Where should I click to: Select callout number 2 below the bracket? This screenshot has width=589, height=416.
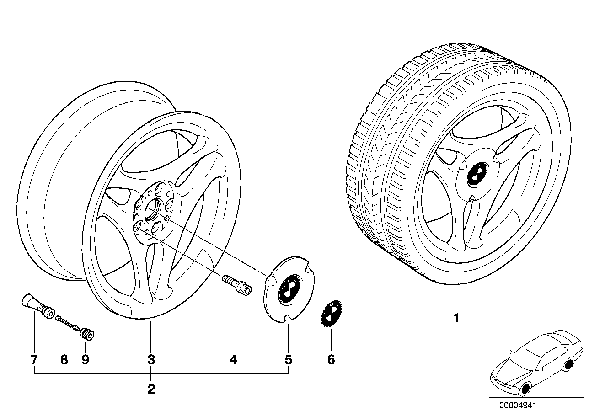pyautogui.click(x=151, y=389)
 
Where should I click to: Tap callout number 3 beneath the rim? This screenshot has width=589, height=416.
pyautogui.click(x=151, y=359)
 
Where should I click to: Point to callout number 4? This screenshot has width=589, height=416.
pyautogui.click(x=233, y=359)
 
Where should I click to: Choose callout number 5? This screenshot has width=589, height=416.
pyautogui.click(x=288, y=359)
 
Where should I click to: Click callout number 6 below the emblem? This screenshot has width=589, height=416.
pyautogui.click(x=331, y=359)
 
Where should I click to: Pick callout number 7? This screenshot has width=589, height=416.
pyautogui.click(x=34, y=359)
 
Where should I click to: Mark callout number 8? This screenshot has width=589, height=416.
pyautogui.click(x=64, y=359)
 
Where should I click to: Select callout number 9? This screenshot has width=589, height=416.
pyautogui.click(x=85, y=359)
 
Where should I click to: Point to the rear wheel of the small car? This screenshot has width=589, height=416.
pyautogui.click(x=569, y=364)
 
